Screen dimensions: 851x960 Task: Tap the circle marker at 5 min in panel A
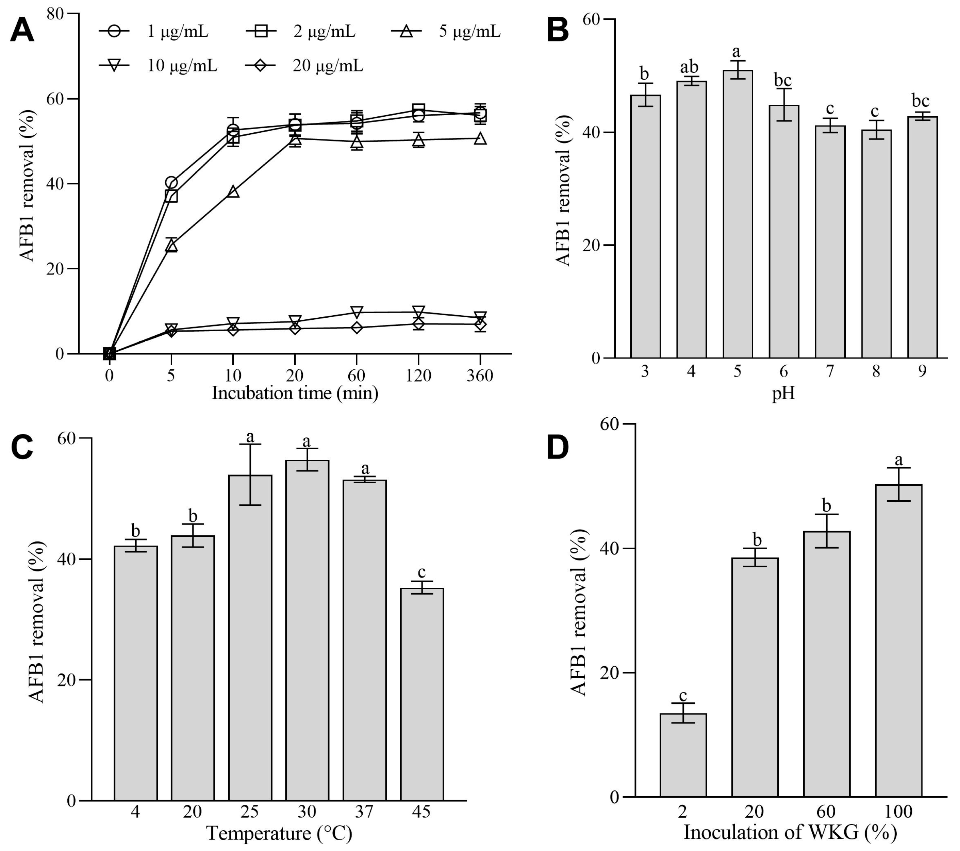[x=171, y=183]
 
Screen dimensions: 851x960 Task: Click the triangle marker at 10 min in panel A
[x=233, y=191]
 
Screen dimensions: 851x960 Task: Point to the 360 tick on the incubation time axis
[x=480, y=376]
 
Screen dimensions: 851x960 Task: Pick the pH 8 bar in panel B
[x=876, y=244]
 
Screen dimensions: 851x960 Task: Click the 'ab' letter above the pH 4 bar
[x=690, y=67]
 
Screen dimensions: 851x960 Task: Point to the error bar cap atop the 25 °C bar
[x=250, y=444]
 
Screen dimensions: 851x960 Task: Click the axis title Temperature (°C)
[x=279, y=833]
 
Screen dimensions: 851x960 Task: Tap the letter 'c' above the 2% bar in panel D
[x=683, y=695]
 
